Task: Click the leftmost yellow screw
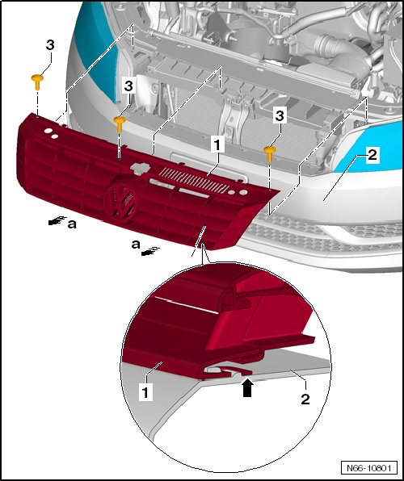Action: click(x=37, y=81)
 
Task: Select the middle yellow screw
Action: click(x=120, y=123)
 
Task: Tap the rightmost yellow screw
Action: click(x=270, y=153)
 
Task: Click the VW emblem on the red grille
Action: click(x=120, y=201)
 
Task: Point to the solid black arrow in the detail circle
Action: click(x=247, y=389)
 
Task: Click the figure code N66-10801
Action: click(x=369, y=468)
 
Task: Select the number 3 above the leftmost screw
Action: click(x=50, y=45)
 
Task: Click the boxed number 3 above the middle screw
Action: click(x=128, y=86)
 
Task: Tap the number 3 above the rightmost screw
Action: click(x=280, y=116)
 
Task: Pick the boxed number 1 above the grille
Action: click(x=217, y=144)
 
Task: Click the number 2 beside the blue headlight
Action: click(x=372, y=155)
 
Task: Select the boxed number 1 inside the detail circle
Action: click(x=145, y=392)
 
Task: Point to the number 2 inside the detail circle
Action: click(x=305, y=399)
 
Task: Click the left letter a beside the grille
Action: click(x=72, y=224)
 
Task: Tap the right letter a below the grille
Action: click(x=136, y=245)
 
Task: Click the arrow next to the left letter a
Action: click(x=57, y=220)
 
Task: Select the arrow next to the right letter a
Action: click(x=150, y=251)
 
